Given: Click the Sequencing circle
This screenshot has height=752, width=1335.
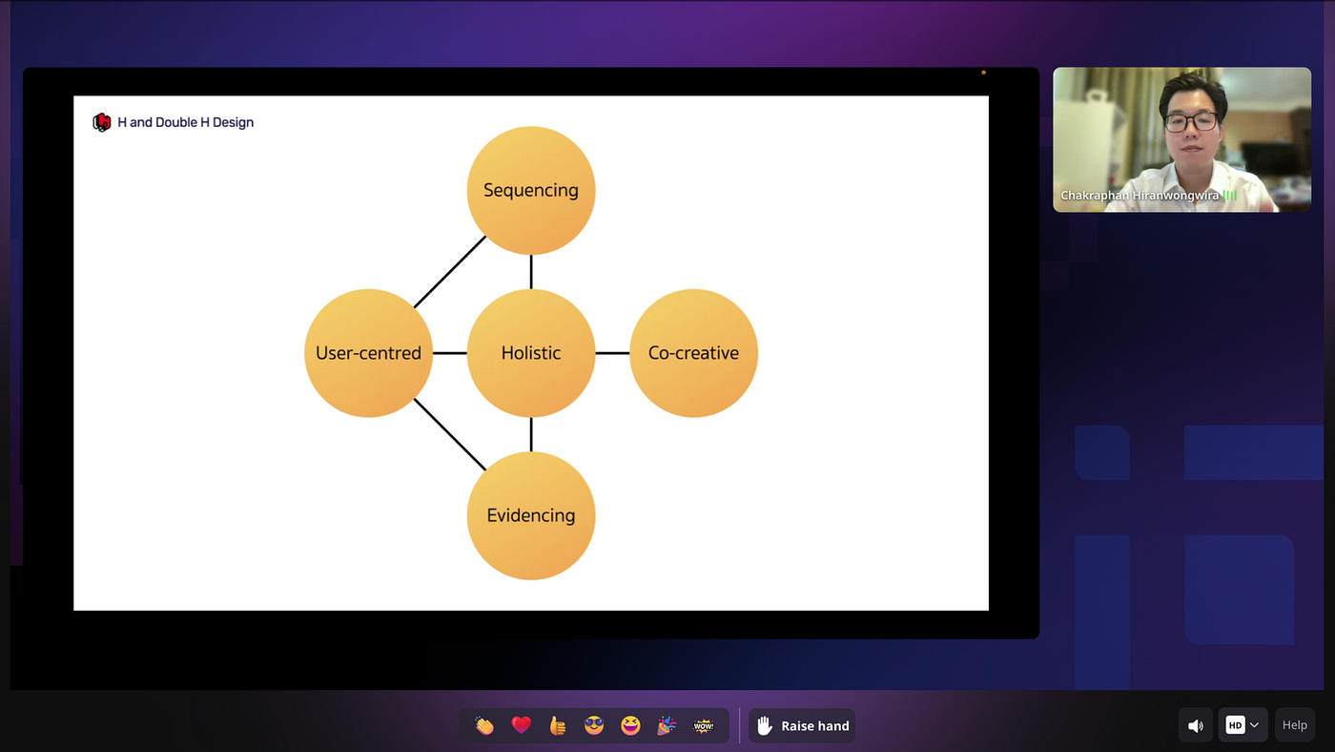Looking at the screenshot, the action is (x=530, y=191).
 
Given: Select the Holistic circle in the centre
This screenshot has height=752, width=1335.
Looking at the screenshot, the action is (x=530, y=353).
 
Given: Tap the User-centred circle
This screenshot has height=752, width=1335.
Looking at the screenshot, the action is (x=368, y=353).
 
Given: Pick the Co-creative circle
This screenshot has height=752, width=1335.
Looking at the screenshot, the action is (x=693, y=353).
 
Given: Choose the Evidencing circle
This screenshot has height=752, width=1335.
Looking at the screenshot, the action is (x=530, y=515).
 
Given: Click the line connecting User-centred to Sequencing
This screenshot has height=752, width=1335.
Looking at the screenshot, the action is (x=450, y=272).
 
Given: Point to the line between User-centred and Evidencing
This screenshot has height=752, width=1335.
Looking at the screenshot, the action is (x=450, y=434).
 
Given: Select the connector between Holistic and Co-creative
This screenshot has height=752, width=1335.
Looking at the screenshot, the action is (x=612, y=353).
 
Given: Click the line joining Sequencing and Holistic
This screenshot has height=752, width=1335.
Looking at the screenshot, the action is (x=531, y=272).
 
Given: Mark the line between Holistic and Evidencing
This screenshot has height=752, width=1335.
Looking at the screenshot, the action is (x=531, y=434).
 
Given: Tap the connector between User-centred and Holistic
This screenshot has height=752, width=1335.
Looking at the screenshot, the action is (x=449, y=353).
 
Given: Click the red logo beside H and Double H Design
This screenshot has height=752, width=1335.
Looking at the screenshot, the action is (x=102, y=122).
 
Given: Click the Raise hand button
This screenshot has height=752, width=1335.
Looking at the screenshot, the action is (x=802, y=725).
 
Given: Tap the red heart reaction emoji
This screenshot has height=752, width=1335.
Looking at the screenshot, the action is (x=521, y=725).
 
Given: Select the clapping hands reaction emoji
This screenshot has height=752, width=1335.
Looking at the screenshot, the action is (x=484, y=725).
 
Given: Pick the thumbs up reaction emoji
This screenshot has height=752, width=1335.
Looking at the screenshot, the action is (x=558, y=725).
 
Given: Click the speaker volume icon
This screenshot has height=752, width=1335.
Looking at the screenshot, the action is (x=1196, y=725).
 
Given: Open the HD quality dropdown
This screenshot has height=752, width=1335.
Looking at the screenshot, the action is (x=1243, y=725).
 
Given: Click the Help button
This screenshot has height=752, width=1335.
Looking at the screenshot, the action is (x=1294, y=725).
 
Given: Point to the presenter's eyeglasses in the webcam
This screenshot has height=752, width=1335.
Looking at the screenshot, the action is (x=1190, y=121).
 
